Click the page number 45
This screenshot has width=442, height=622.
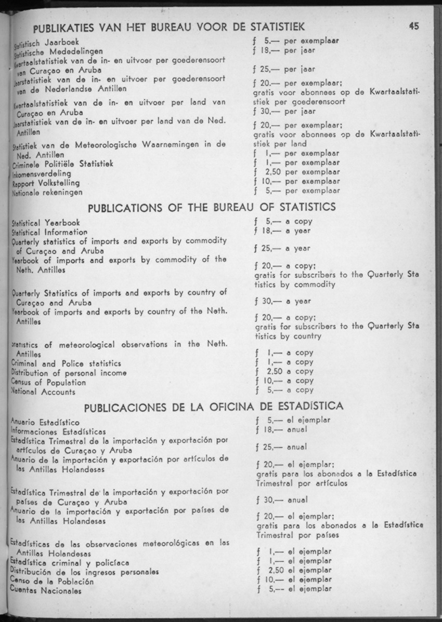[414, 26]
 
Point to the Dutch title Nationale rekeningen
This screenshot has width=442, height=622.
[47, 192]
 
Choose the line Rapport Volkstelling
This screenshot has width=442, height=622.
[46, 183]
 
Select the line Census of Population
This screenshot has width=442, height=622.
[48, 383]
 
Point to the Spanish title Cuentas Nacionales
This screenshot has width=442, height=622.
[46, 591]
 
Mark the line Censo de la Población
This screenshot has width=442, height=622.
[52, 582]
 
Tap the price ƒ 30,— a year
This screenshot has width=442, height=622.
[281, 301]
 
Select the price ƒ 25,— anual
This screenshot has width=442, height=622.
[281, 447]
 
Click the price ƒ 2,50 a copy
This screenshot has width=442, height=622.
[284, 372]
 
